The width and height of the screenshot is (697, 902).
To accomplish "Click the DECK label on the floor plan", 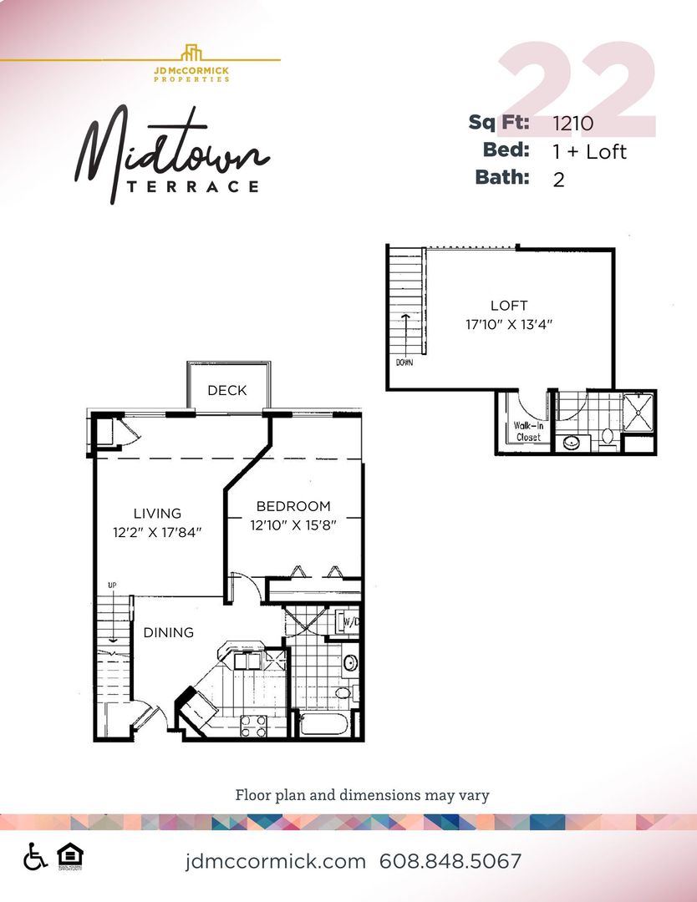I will point(227,390).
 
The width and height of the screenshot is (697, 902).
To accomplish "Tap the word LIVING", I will point(157,514).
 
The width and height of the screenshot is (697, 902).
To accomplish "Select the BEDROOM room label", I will point(293,506).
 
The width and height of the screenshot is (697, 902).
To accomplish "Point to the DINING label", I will point(169,632).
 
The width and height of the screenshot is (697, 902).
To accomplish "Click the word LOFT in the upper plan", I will point(509,306).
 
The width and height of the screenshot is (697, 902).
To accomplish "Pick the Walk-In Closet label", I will point(527,431).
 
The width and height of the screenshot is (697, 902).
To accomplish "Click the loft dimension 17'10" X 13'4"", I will point(509,324).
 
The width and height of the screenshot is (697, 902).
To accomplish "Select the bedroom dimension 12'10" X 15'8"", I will point(293,525).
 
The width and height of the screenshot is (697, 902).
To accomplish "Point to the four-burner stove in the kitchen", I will point(253,727).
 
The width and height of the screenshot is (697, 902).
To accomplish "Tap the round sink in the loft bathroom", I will point(573,442).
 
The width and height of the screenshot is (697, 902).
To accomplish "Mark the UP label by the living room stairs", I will point(109,585).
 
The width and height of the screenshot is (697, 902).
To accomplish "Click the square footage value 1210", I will point(573,124).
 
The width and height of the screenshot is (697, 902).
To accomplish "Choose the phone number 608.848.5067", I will point(450,861).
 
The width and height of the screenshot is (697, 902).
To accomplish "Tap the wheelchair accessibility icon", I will point(35,857).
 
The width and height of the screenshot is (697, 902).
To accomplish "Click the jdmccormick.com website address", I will point(276,861).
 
